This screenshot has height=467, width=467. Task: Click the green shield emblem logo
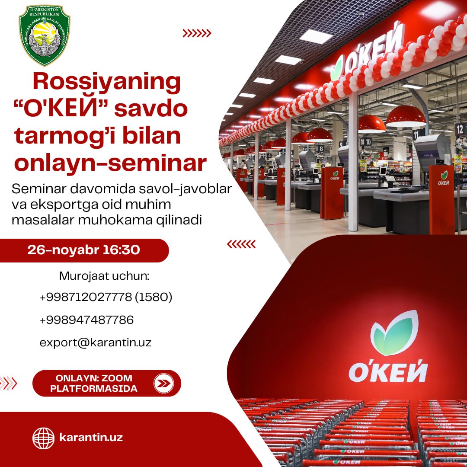(x=45, y=35)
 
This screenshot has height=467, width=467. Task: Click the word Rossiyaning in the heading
(x=107, y=82)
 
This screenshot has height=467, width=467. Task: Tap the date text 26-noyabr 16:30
(x=84, y=250)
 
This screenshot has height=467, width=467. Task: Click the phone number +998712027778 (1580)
(x=106, y=297)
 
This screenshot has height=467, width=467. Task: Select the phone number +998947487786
(x=86, y=320)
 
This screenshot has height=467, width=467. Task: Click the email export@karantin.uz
(x=96, y=342)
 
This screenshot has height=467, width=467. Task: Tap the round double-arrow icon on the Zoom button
(x=164, y=383)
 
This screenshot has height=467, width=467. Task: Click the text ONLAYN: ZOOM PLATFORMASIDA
(x=94, y=383)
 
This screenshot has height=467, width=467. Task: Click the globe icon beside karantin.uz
(x=44, y=438)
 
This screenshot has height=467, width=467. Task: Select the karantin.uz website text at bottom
(x=91, y=438)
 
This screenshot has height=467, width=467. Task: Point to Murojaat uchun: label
(x=104, y=276)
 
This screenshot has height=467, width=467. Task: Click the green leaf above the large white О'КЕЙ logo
(x=394, y=333)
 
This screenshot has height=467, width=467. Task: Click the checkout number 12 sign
(x=460, y=129)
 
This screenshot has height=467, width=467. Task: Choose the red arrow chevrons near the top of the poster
(x=197, y=33)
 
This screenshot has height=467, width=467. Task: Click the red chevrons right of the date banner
(x=241, y=244)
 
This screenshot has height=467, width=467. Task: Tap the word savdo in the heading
(x=151, y=109)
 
